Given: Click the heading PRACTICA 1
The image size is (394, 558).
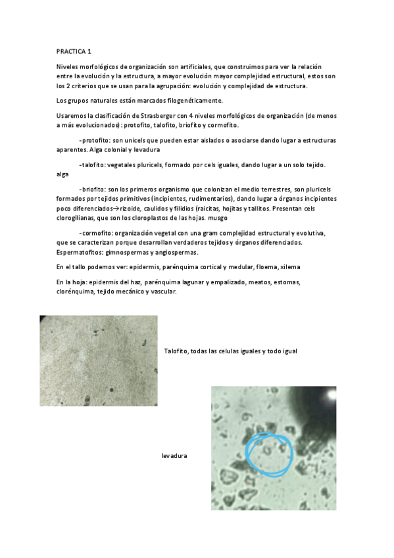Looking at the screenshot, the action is [73, 51].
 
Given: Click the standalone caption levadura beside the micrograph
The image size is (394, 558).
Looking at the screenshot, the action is [174, 455].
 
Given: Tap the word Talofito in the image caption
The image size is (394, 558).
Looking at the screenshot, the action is [176, 351].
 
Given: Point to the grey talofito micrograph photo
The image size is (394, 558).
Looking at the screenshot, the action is [98, 360].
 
